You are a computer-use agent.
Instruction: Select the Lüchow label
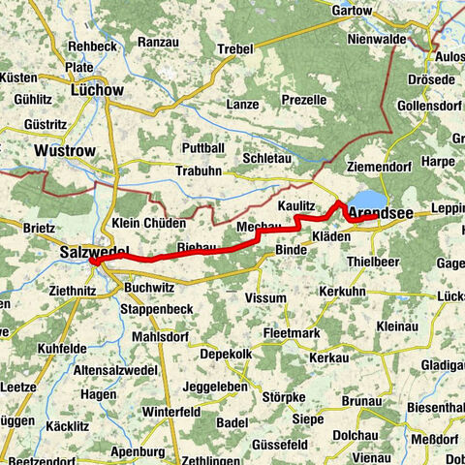coord(98,90)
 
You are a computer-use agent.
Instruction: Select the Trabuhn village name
coord(199,170)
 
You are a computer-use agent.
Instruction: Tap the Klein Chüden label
coord(147,223)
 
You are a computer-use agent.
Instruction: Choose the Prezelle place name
coord(303,100)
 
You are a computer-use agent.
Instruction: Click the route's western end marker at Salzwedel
coord(94,261)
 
